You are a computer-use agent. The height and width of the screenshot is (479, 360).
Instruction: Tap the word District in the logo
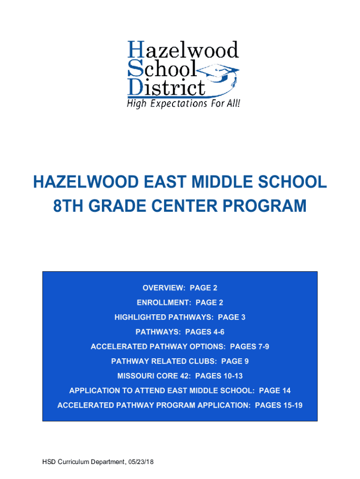coord(166,87)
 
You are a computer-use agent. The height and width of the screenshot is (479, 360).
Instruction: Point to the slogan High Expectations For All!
coord(184,103)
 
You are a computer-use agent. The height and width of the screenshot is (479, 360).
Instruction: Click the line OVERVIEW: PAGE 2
coord(180,288)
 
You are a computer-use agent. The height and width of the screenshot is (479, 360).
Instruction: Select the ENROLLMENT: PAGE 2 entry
coord(180,303)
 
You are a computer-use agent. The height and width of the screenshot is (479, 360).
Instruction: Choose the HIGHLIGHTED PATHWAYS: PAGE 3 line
coord(180,318)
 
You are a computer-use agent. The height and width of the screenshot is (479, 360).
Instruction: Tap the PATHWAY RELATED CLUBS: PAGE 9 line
coord(180,361)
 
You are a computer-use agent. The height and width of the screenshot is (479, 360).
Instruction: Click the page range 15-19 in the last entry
coord(293,405)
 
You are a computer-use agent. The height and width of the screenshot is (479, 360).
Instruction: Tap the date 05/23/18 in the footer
coord(140,462)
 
